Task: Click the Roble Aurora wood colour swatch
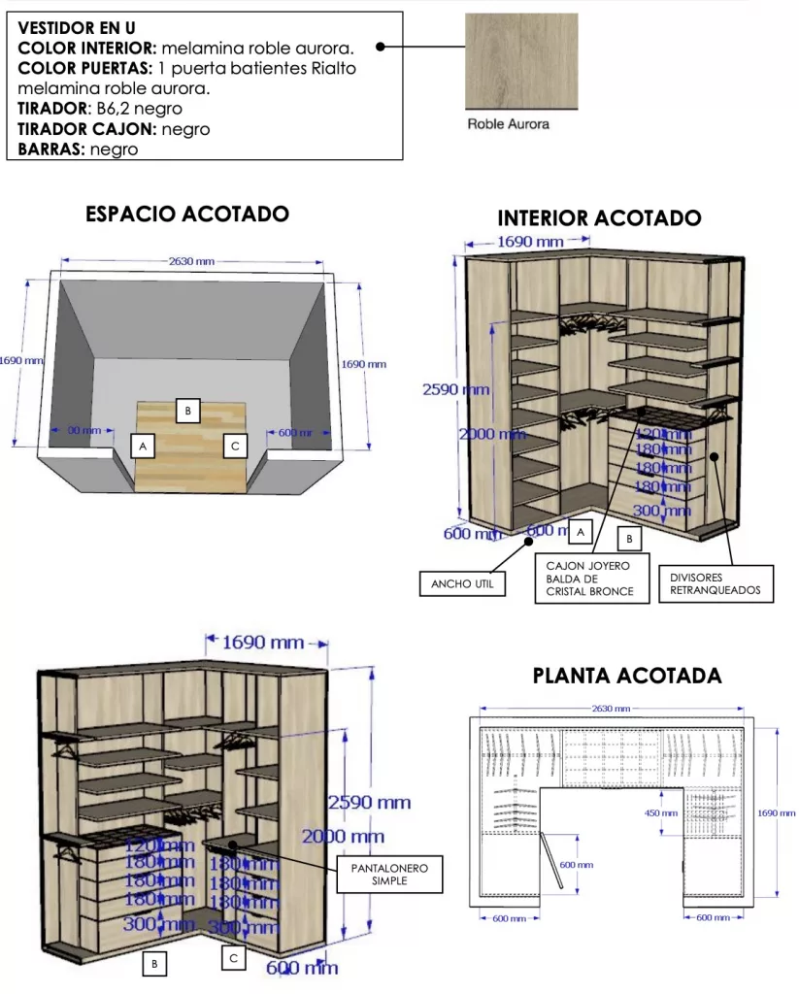pyautogui.click(x=521, y=60)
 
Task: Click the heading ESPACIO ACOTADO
pyautogui.click(x=187, y=215)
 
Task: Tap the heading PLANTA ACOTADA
pyautogui.click(x=627, y=676)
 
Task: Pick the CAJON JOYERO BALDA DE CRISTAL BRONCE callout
pyautogui.click(x=591, y=579)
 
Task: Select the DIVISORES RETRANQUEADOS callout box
pyautogui.click(x=716, y=583)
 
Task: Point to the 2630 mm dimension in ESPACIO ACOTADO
pyautogui.click(x=191, y=261)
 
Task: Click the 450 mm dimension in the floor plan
pyautogui.click(x=660, y=813)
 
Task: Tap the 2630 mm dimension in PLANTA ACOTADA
pyautogui.click(x=611, y=709)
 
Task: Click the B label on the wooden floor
pyautogui.click(x=188, y=411)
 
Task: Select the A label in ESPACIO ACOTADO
pyautogui.click(x=143, y=446)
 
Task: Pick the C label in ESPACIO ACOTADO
pyautogui.click(x=234, y=446)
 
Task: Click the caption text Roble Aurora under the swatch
pyautogui.click(x=509, y=124)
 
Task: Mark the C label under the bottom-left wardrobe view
pyautogui.click(x=233, y=958)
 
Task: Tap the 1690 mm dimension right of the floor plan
pyautogui.click(x=776, y=813)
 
